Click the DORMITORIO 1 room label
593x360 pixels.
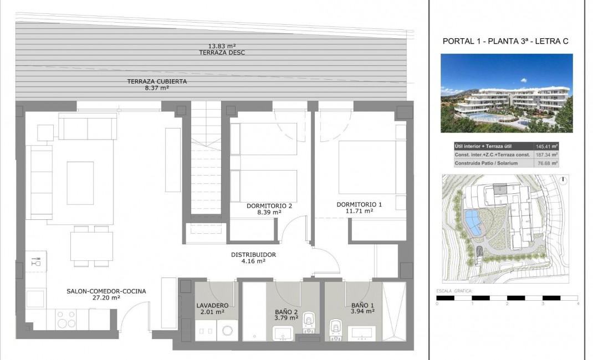(359, 204)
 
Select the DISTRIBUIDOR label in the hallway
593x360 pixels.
(253, 255)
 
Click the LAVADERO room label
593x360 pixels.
(212, 305)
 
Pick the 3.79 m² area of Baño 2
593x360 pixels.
(287, 318)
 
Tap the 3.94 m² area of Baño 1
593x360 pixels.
(362, 311)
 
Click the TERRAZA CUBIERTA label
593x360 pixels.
(157, 81)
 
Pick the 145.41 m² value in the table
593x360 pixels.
(546, 146)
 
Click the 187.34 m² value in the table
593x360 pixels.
(546, 155)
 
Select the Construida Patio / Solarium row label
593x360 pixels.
(483, 163)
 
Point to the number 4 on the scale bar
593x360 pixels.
(577, 304)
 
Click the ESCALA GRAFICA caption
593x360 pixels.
(454, 291)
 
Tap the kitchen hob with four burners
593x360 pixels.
(67, 319)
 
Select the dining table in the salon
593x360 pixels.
(91, 245)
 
